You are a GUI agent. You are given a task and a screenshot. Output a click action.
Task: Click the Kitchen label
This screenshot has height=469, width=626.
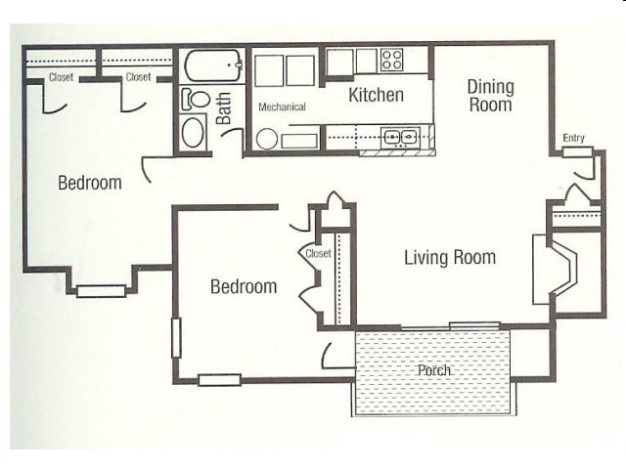point(377,95)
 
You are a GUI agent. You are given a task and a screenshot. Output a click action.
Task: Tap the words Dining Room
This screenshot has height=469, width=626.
point(490,95)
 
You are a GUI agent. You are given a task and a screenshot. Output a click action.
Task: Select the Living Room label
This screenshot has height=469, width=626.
point(450,258)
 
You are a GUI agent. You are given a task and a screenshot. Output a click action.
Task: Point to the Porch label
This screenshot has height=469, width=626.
point(433,371)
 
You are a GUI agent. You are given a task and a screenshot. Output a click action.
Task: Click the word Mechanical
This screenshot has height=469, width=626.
point(282,107)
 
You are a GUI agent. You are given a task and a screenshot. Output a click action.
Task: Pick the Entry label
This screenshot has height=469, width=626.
point(573,138)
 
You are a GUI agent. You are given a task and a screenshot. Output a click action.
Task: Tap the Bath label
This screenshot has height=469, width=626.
point(225,108)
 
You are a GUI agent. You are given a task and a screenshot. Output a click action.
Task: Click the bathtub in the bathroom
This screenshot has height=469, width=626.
point(213,66)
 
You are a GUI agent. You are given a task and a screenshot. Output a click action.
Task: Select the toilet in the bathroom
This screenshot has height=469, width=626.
point(196,99)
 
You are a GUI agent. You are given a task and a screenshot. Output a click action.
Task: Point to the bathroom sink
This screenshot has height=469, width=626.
point(194,131)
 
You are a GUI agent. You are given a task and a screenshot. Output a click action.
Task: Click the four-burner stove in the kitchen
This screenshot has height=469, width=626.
point(392,60)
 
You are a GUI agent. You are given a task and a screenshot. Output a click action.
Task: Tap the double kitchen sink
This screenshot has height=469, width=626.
point(401,137)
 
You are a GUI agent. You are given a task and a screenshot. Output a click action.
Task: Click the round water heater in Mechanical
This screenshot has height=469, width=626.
point(266,139)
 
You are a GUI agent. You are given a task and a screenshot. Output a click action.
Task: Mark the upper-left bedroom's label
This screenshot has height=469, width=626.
point(89,183)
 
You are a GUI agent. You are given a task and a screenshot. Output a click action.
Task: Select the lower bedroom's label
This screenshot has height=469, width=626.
point(244,287)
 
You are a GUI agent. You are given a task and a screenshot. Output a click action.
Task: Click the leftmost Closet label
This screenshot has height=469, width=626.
point(61,76)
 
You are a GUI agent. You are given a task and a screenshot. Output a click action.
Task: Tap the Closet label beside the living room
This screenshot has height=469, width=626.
point(319,254)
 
